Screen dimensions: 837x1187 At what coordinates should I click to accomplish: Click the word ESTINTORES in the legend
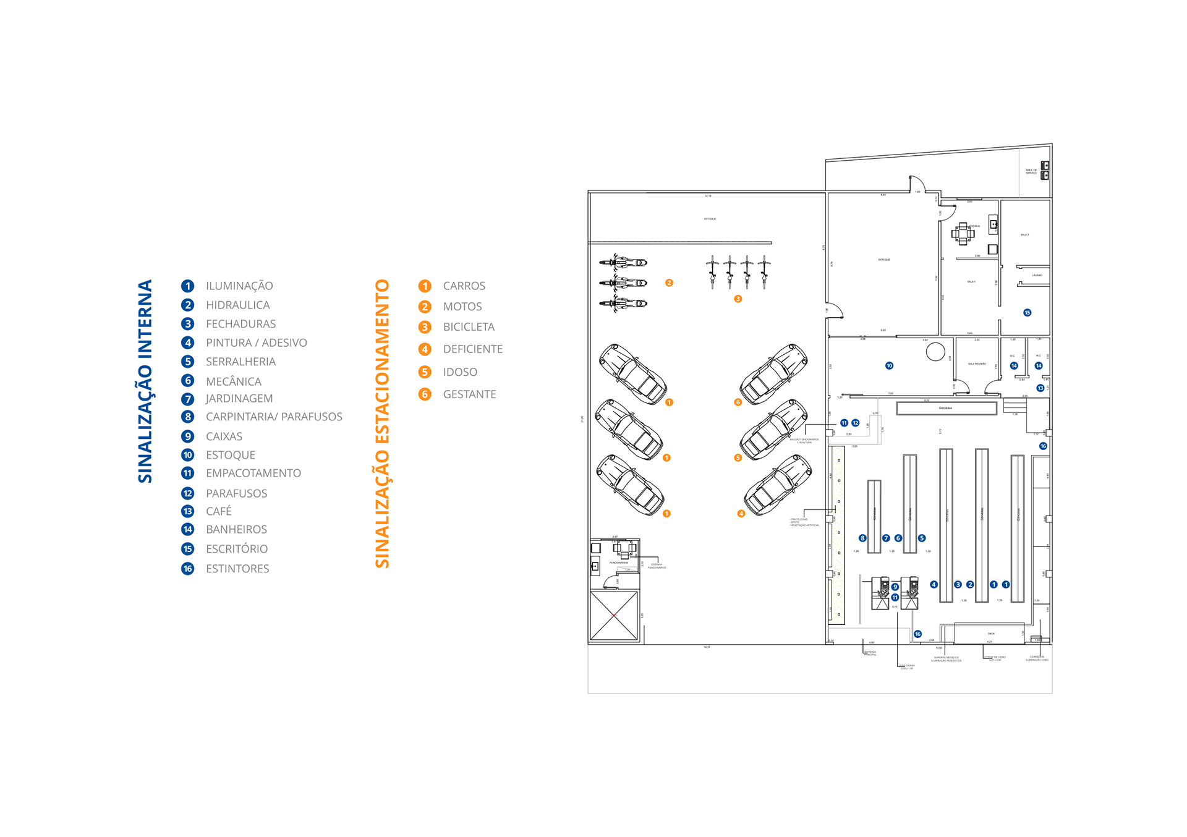click(x=237, y=569)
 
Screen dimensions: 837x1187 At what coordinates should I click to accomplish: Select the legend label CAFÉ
click(x=219, y=511)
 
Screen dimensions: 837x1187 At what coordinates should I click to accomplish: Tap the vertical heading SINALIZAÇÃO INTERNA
click(x=145, y=381)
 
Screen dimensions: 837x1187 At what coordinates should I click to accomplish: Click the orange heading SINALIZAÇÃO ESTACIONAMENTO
click(x=382, y=423)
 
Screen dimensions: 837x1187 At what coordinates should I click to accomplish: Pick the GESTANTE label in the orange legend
click(x=469, y=394)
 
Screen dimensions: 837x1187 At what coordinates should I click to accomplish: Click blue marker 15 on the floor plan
click(x=1027, y=313)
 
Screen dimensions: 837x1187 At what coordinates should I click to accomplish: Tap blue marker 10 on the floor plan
click(x=889, y=366)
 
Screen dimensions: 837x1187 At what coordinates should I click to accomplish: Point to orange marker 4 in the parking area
click(x=741, y=514)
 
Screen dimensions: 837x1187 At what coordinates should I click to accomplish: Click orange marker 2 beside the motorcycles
click(x=669, y=283)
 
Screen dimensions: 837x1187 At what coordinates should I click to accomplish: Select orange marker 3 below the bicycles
click(x=738, y=299)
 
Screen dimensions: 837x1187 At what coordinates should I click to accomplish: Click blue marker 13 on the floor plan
click(x=1040, y=388)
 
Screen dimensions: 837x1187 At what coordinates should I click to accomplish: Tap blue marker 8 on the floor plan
click(x=862, y=538)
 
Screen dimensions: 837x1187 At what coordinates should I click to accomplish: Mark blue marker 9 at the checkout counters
click(x=895, y=587)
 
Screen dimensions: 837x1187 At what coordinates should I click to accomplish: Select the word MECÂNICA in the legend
click(x=234, y=381)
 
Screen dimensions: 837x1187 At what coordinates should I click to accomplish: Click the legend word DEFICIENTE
click(x=473, y=349)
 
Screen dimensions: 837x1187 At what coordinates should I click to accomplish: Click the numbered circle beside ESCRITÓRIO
click(x=187, y=549)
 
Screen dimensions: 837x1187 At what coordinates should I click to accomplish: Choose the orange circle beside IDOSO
click(x=425, y=372)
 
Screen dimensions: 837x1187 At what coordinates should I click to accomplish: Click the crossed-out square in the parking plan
click(x=613, y=616)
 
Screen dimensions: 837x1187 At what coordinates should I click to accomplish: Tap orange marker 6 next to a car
click(x=738, y=402)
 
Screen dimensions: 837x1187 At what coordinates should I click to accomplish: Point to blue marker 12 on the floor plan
click(x=855, y=423)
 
